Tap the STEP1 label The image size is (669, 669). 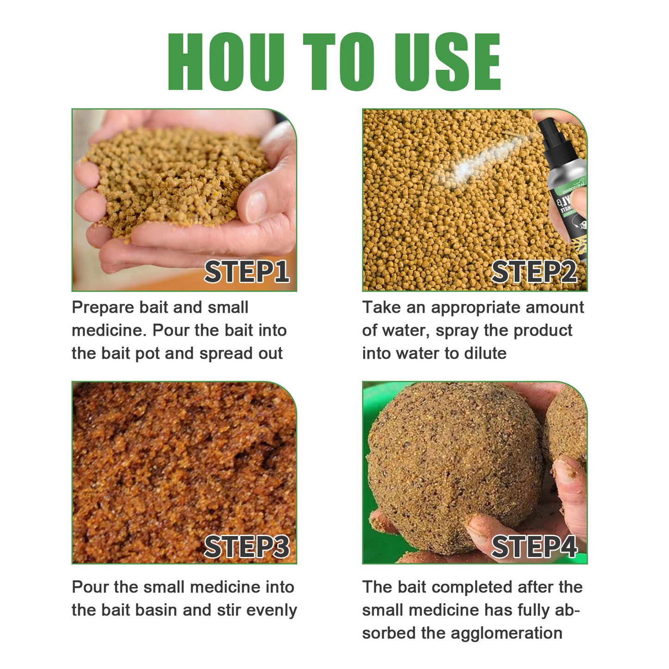[x=247, y=271]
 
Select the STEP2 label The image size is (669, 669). [x=534, y=271]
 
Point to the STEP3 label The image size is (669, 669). [x=247, y=547]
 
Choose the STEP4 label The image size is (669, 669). [x=534, y=547]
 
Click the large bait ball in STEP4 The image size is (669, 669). [x=454, y=468]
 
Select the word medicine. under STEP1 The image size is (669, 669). [x=109, y=331]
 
